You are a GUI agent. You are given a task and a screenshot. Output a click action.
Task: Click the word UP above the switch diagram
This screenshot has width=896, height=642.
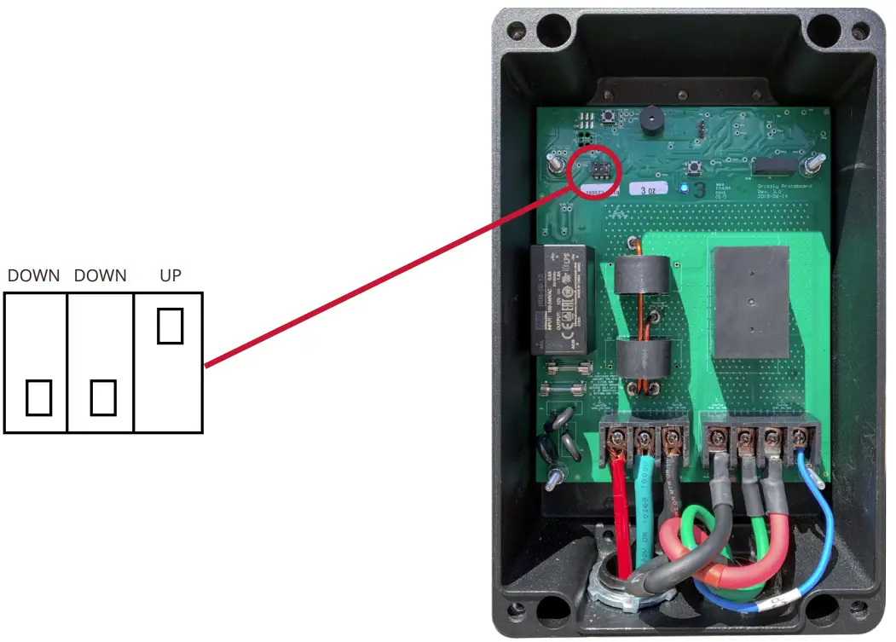point(171,275)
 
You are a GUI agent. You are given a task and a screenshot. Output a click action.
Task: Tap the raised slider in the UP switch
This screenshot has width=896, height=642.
point(171,327)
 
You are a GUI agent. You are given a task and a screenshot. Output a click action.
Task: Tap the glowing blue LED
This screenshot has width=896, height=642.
point(683,188)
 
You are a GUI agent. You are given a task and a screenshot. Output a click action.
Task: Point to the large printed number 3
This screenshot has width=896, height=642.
point(699,189)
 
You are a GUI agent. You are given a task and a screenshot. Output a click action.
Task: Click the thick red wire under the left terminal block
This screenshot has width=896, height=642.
point(621,512)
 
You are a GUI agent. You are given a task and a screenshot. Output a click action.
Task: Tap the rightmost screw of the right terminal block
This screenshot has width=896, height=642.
point(800,439)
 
